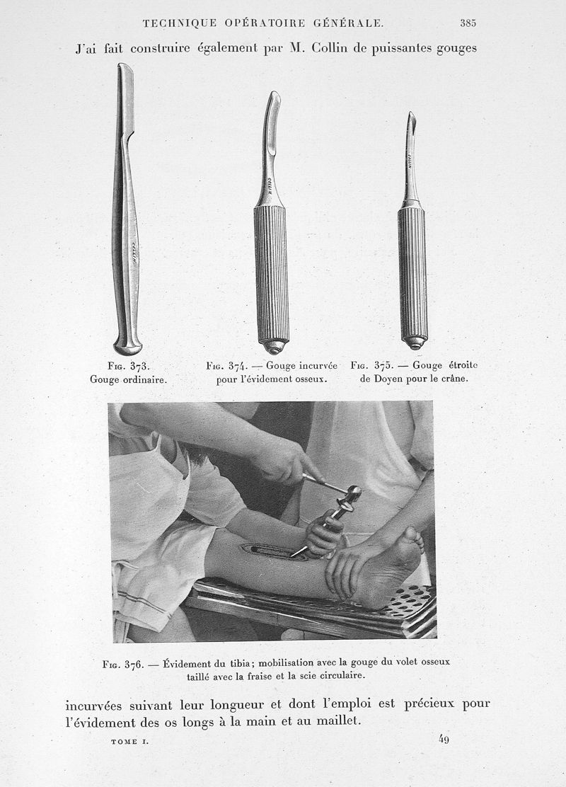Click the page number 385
pos(468,23)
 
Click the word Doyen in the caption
pos(387,379)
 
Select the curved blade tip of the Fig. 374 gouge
pos(272,97)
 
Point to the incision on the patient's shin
pos(272,551)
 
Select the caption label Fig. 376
pos(122,664)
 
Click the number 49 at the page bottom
pos(444,740)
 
